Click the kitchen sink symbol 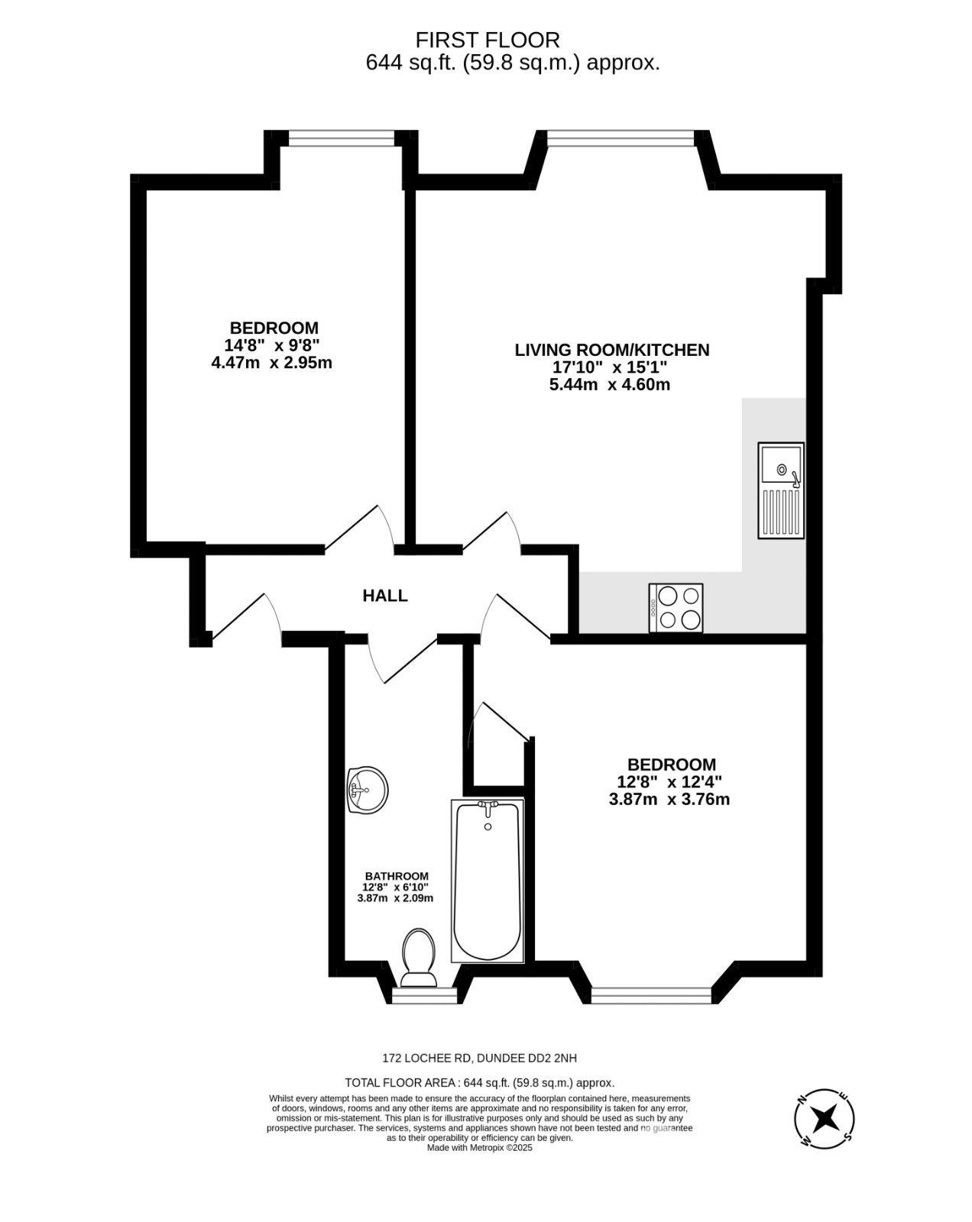tap(780, 490)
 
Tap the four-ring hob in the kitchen tap(676, 608)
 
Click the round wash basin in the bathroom tap(368, 789)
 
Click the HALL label tap(385, 596)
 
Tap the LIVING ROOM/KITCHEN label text tap(611, 351)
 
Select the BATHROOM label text tap(396, 876)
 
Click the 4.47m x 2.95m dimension tap(271, 363)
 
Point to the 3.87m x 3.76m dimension tap(669, 800)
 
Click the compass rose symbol tap(825, 1118)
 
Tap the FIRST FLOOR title tap(488, 40)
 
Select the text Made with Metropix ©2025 tap(479, 1148)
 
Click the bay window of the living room tap(620, 137)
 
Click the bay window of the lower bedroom tap(652, 995)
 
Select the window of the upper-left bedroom tap(341, 137)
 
